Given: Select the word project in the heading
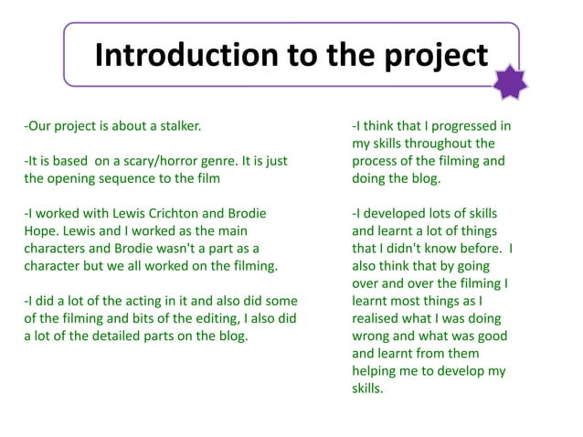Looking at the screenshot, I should [x=435, y=56].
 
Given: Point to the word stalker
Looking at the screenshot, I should [x=175, y=125].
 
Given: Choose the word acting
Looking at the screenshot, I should [x=122, y=301].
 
